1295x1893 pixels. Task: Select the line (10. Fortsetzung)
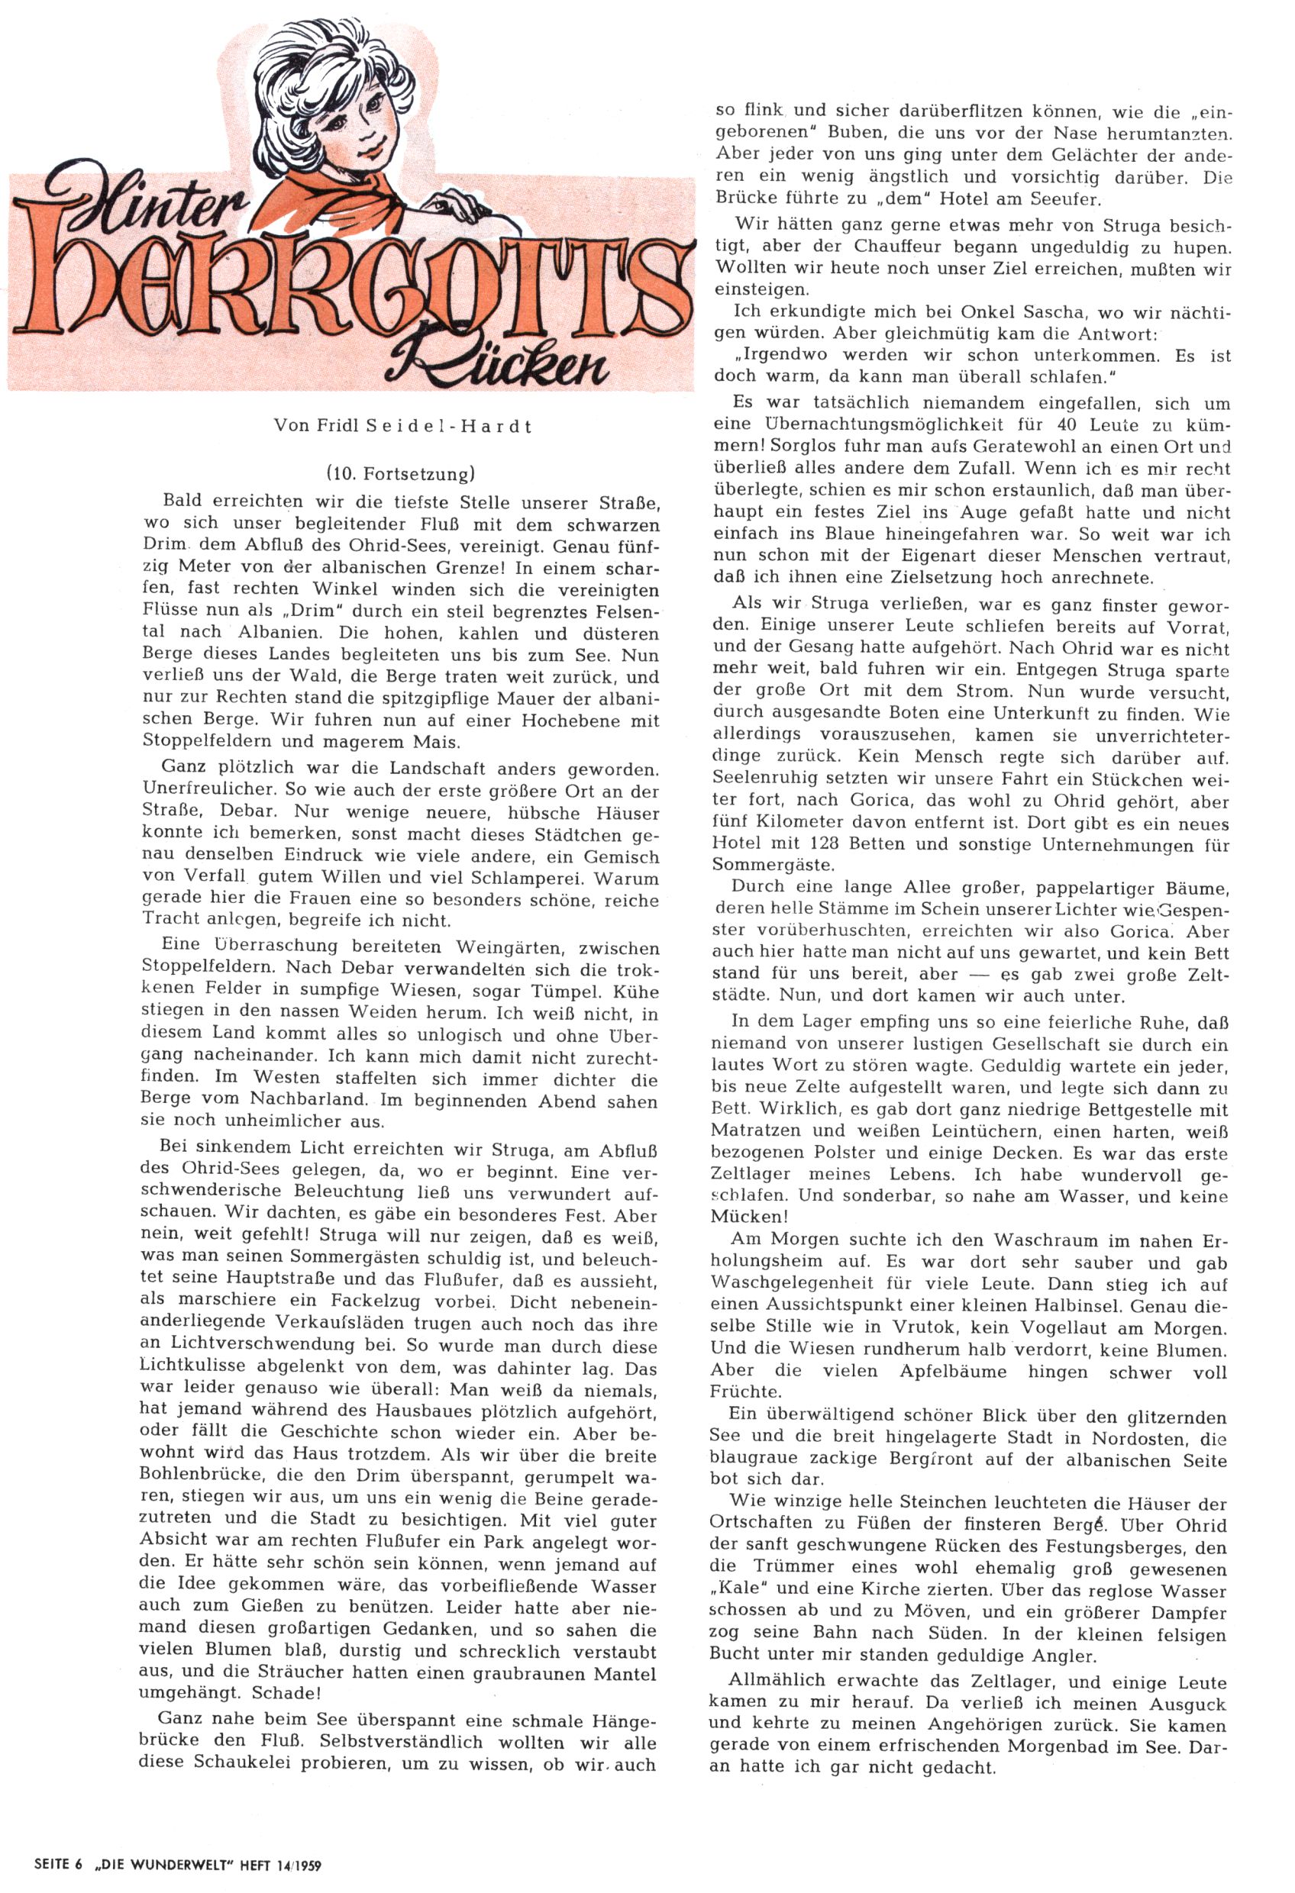click(x=400, y=474)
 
